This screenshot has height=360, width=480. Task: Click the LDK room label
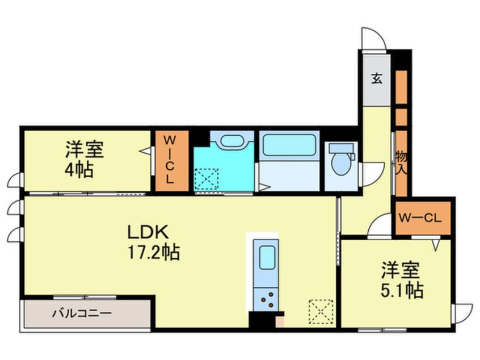148,232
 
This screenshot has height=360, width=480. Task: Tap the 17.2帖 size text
153,252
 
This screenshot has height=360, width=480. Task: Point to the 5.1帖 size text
402,290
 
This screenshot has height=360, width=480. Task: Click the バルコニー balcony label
82,313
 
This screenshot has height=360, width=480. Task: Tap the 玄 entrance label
377,79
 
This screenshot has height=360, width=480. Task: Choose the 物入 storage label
401,163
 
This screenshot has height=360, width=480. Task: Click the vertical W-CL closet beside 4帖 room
171,161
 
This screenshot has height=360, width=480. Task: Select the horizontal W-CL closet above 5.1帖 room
423,218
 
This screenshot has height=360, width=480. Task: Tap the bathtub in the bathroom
289,145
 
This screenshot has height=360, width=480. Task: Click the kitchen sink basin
267,258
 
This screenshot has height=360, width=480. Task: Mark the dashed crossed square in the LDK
321,312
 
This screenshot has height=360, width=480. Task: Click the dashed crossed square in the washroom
207,179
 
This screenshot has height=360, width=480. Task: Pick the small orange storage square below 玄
401,117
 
